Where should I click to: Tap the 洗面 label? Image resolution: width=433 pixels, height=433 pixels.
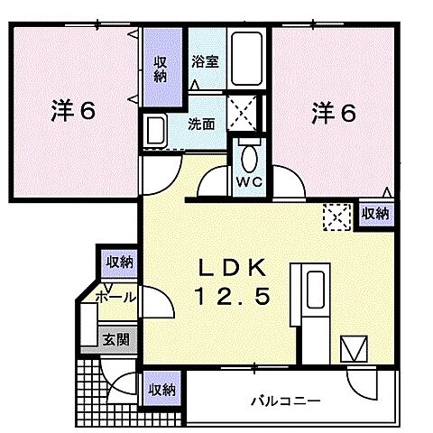[201, 124]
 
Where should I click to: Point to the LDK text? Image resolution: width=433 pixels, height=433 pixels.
[234, 267]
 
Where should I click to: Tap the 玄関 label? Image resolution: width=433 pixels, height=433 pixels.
[114, 340]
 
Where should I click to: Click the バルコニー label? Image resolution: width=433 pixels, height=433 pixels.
[285, 398]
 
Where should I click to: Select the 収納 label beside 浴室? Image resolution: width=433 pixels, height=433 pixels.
[161, 69]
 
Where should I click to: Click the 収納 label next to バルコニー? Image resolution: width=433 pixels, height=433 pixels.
[162, 390]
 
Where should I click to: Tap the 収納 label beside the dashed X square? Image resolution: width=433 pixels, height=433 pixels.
[375, 214]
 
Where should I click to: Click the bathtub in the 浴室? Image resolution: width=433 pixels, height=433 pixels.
[245, 60]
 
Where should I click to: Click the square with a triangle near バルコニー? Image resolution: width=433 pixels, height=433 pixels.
[352, 348]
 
